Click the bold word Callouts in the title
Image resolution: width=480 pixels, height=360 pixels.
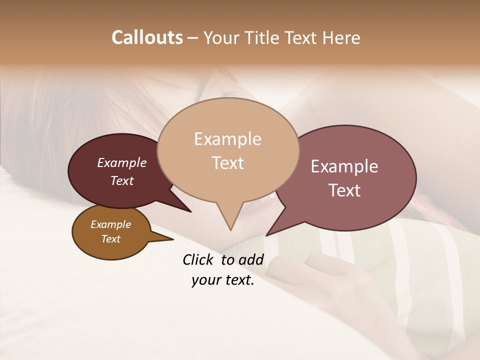point(147,37)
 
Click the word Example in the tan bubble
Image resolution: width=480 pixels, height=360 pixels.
point(227,139)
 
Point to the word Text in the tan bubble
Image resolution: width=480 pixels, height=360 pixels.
point(227,163)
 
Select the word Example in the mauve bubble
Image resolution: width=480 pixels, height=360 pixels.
point(344,166)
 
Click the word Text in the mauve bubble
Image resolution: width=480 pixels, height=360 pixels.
point(344,190)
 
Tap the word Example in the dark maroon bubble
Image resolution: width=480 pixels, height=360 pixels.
point(122,162)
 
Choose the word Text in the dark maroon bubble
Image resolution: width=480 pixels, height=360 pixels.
point(122,180)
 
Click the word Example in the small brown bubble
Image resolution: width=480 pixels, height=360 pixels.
point(110,224)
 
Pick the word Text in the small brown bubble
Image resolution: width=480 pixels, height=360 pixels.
point(110,239)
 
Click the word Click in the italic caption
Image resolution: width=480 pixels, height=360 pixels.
point(198,259)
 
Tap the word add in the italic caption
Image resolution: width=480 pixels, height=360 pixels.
point(251,259)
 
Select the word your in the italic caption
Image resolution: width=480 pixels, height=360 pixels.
point(206,280)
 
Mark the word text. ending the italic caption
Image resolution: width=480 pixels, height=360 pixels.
point(239,280)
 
